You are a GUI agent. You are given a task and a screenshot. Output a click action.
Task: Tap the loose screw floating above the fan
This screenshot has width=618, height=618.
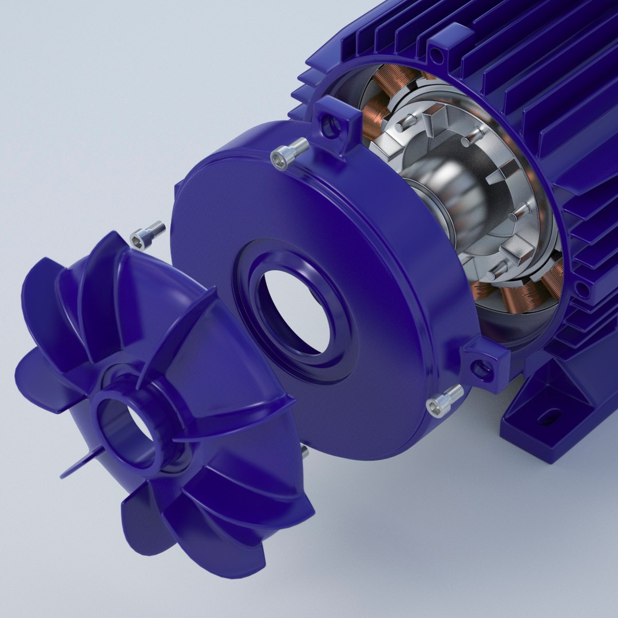148,235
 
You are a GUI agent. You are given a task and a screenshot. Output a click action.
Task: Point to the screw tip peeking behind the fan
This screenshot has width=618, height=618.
304,451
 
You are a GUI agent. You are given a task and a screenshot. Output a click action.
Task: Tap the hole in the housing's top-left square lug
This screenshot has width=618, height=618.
330,126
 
